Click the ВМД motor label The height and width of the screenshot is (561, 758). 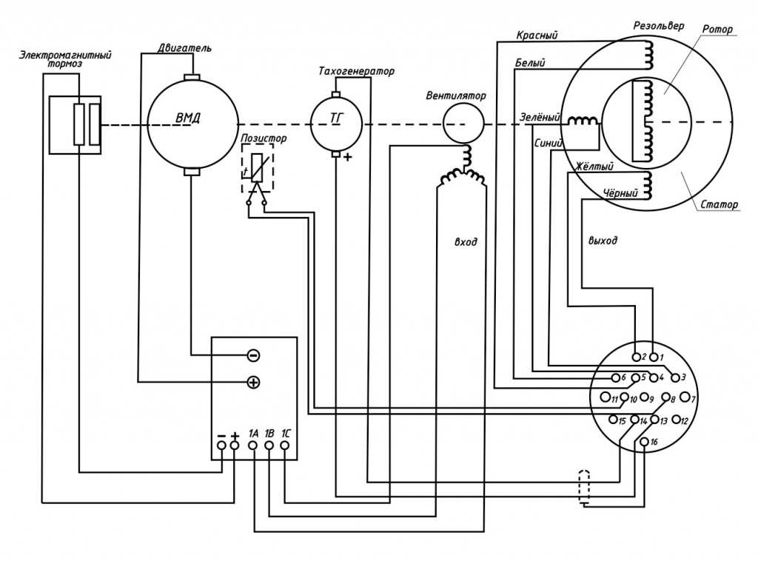188,118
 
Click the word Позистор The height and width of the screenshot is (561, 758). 264,138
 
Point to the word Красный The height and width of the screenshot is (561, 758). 537,36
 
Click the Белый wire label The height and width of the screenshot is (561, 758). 530,63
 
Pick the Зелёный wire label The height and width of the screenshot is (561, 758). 540,118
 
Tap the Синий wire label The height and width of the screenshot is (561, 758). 549,144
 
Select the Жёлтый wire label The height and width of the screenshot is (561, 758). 594,167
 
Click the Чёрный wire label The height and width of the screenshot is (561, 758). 620,193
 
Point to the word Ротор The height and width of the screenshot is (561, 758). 717,30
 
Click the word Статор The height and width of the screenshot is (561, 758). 720,204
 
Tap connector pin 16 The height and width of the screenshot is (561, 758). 645,442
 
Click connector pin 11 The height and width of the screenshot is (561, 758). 606,397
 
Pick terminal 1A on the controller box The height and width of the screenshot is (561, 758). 252,446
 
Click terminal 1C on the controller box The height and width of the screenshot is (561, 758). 285,446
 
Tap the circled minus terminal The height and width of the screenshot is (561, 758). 253,356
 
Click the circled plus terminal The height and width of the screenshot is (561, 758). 253,383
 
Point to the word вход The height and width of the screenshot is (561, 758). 466,241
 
